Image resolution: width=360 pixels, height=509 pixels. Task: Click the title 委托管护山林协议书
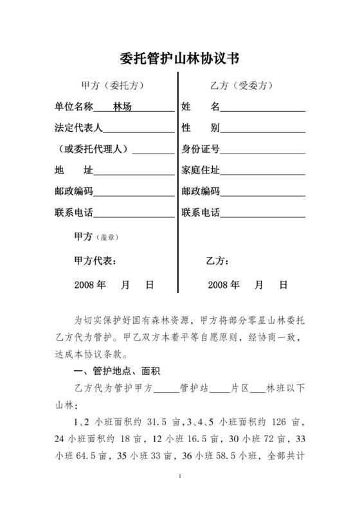pos(180,59)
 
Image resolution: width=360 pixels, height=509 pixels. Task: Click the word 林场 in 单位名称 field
pos(122,106)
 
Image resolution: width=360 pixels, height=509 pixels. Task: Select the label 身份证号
pos(201,149)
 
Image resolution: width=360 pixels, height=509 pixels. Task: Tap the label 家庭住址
pos(201,170)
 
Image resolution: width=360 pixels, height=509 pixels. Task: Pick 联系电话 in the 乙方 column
pos(201,213)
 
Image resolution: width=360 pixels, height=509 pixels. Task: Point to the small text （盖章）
pos(107,238)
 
